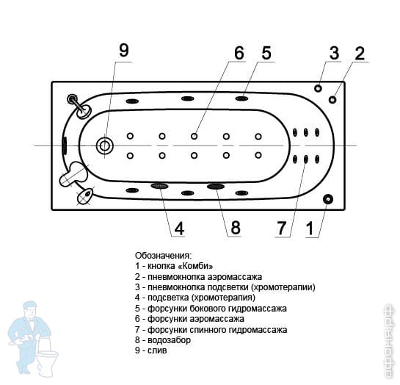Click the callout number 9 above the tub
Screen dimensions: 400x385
point(124,50)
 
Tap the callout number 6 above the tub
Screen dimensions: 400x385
point(239,53)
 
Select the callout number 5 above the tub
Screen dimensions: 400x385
point(266,53)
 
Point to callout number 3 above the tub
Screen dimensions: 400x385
point(334,53)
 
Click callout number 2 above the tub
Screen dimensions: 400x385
point(360,54)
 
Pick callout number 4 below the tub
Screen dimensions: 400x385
point(179,229)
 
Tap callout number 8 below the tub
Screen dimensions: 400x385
point(236,228)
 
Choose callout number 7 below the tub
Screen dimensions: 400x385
point(282,228)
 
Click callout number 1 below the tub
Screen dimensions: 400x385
point(310,229)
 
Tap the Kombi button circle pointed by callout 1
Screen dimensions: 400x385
point(328,199)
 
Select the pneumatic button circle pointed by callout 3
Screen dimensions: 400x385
point(318,88)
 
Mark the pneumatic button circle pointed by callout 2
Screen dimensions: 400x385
point(332,99)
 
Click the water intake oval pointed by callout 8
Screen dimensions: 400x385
point(216,187)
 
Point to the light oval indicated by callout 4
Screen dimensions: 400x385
point(159,186)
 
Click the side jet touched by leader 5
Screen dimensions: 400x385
point(241,98)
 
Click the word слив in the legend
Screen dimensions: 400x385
point(157,350)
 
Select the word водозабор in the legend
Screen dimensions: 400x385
point(169,339)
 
